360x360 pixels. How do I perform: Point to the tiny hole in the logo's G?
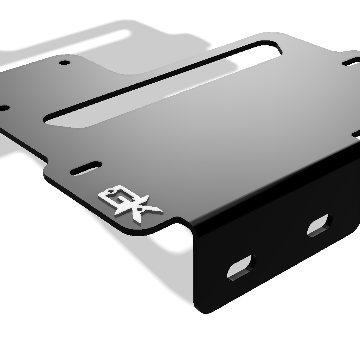[x=111, y=192]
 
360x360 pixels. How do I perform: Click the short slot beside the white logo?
[x=86, y=167]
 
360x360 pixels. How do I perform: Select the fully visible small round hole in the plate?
[x=64, y=63]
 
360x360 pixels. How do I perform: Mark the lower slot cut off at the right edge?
[x=356, y=134]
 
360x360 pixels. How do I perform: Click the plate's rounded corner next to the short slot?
[x=47, y=174]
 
